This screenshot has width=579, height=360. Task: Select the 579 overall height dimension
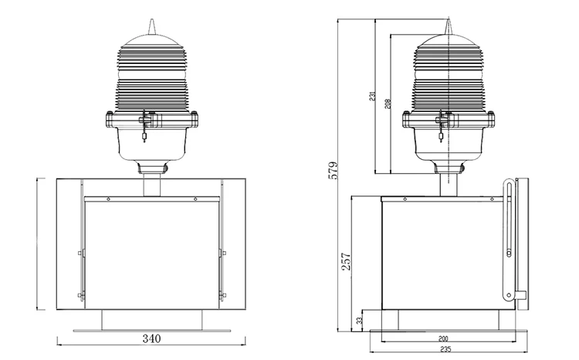pos(333,170)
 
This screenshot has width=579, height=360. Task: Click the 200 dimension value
pos(442,339)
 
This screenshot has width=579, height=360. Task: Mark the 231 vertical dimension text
pos(373,97)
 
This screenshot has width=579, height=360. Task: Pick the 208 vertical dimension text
pos(388,103)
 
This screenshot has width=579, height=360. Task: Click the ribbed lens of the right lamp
pos(449,73)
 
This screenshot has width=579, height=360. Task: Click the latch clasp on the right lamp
pos(441,124)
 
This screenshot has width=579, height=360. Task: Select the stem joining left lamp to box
pos(151,185)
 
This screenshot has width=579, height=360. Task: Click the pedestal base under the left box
pos(151,318)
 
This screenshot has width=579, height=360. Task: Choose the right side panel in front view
pos(235,243)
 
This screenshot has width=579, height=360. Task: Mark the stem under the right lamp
pos(449,184)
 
